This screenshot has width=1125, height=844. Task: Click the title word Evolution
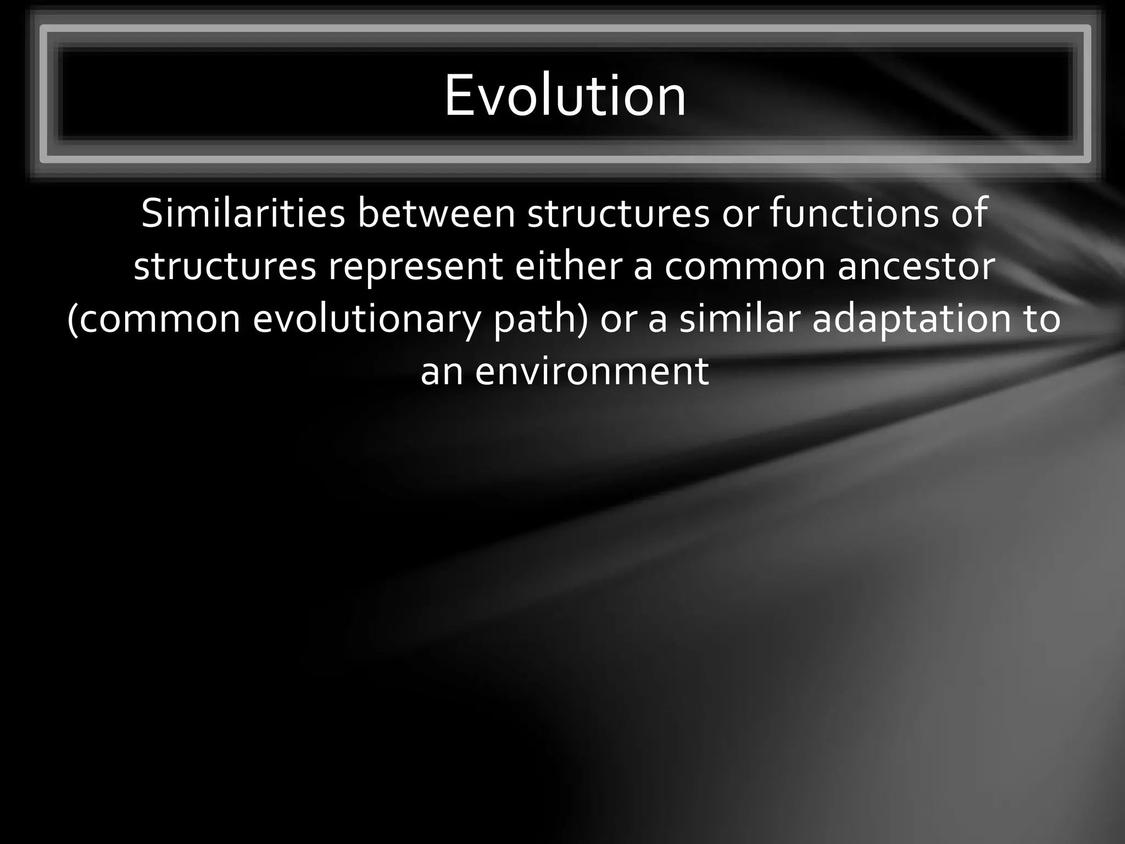pyautogui.click(x=565, y=96)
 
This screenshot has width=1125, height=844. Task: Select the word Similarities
pyautogui.click(x=243, y=214)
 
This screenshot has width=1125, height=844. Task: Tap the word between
pyautogui.click(x=437, y=214)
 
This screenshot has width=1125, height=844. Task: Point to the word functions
pyautogui.click(x=854, y=214)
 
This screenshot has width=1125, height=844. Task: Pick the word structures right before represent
pyautogui.click(x=225, y=266)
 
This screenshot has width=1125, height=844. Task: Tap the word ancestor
pyautogui.click(x=916, y=266)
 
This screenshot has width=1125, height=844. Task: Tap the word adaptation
pyautogui.click(x=911, y=320)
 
